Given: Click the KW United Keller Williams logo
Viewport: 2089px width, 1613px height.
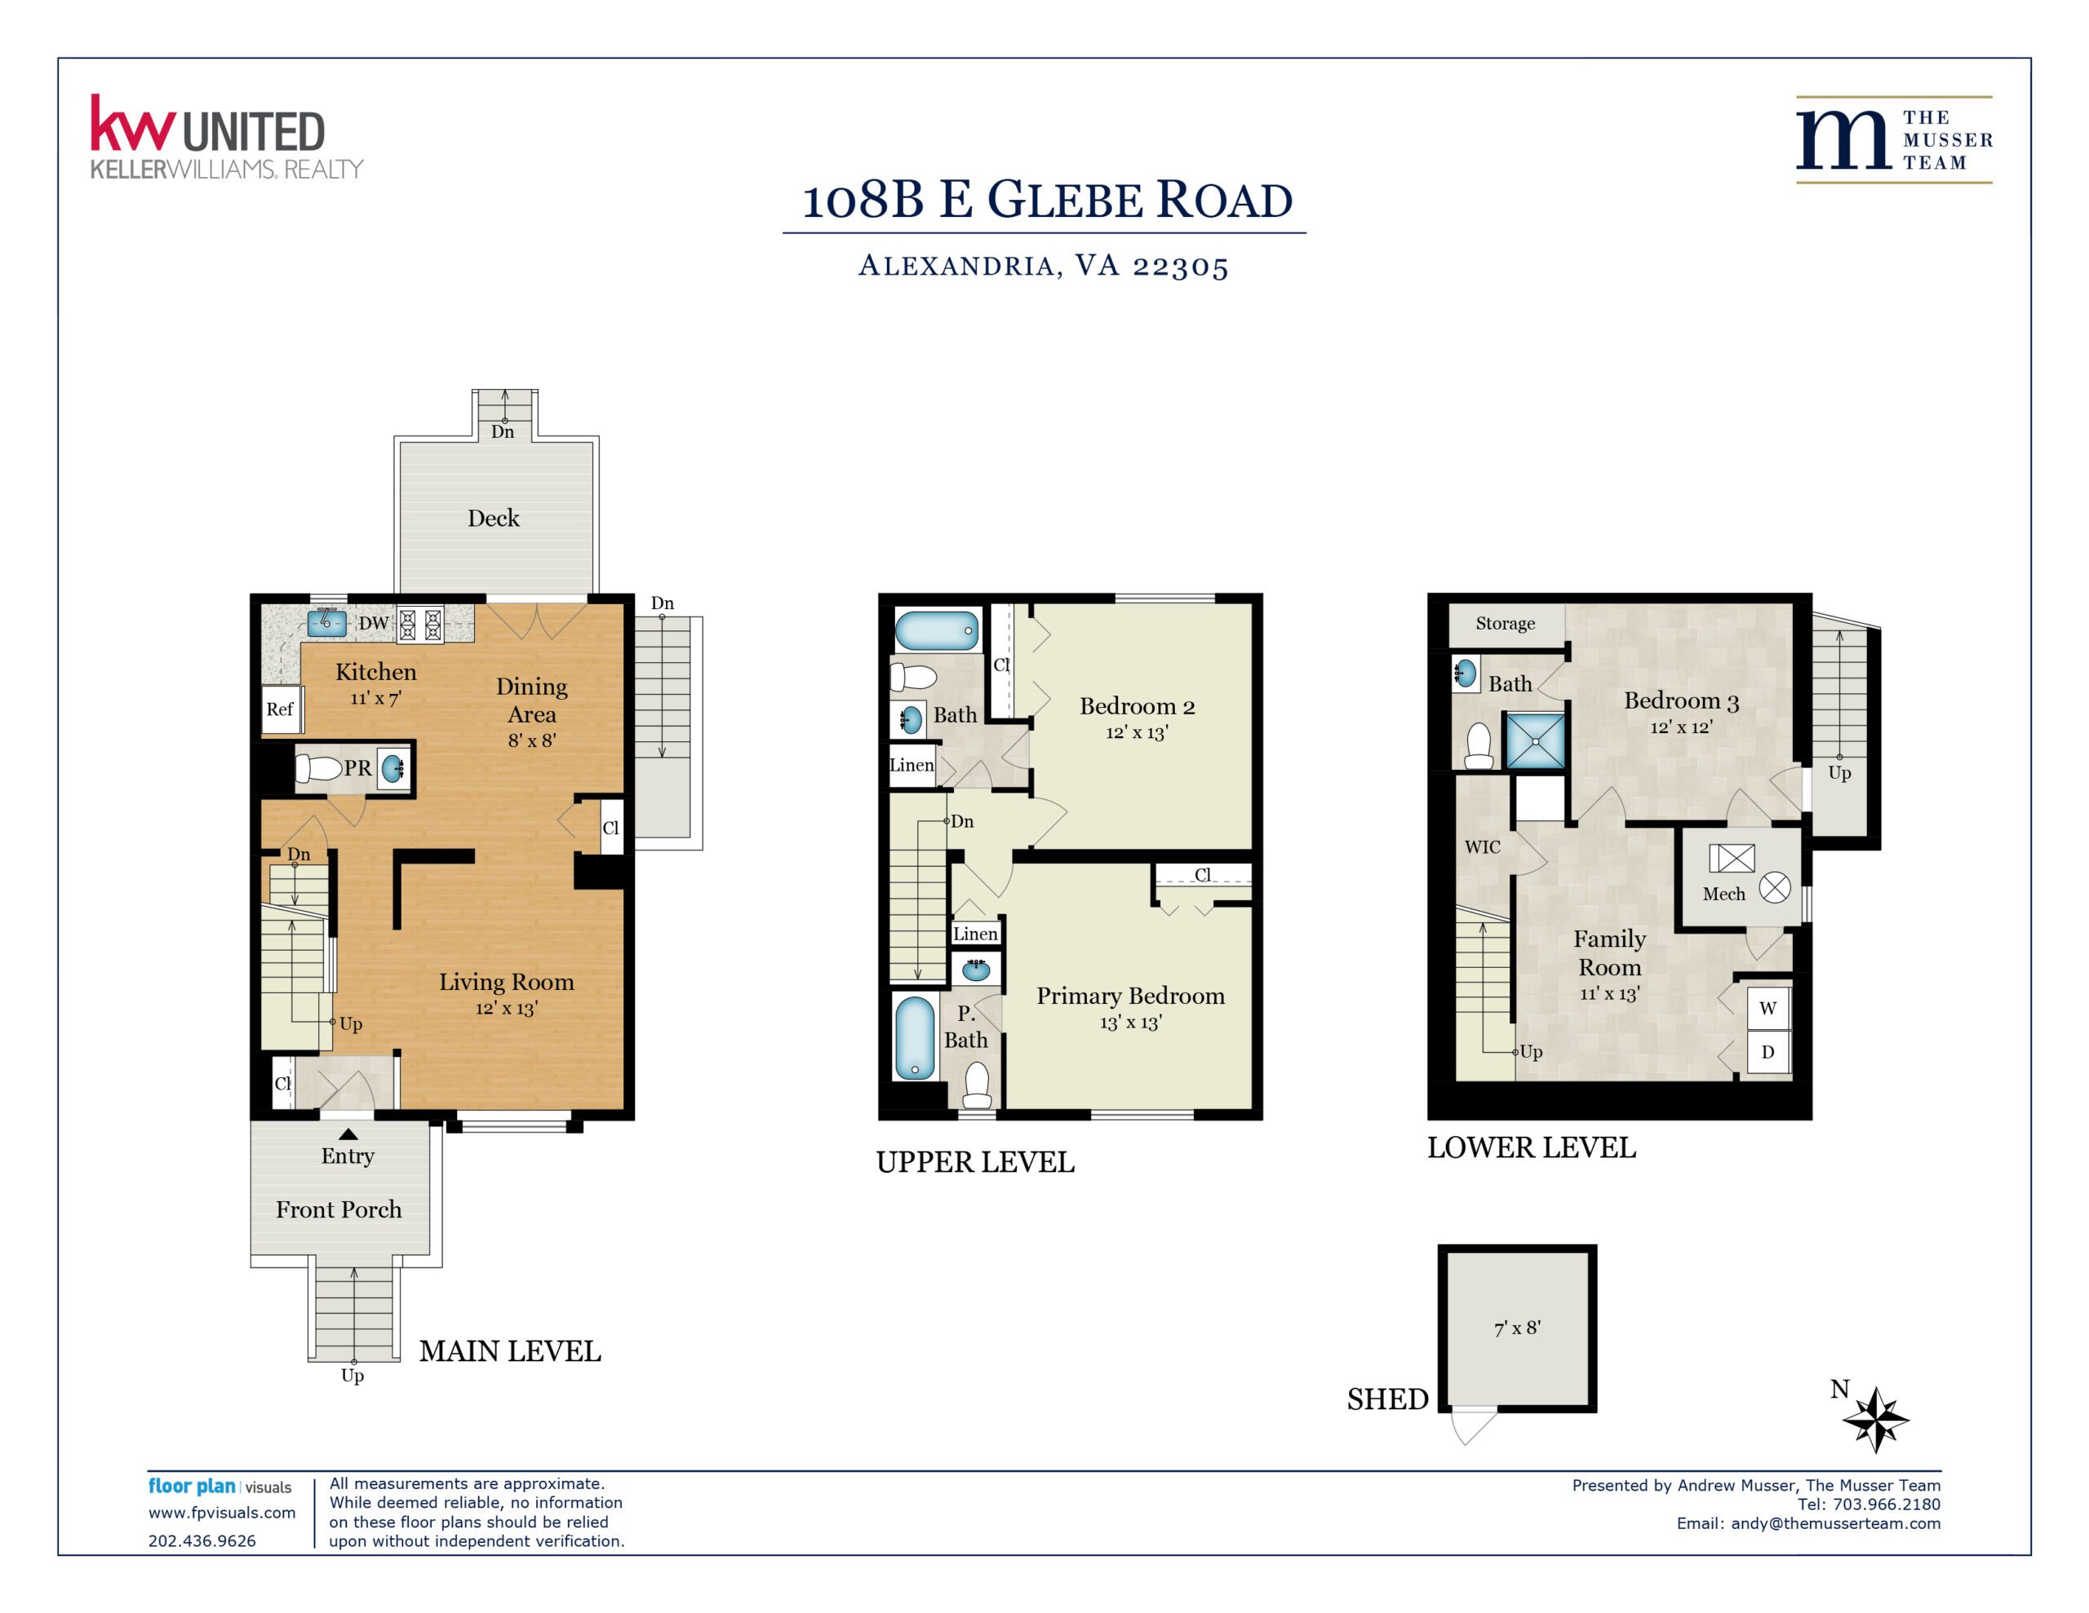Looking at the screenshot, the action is coord(227,137).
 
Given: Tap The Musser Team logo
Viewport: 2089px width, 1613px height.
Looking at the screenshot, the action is coord(1894,139).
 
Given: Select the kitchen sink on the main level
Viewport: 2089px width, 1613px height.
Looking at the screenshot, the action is coord(326,623).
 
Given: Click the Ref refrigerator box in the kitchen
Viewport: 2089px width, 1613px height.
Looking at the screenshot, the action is coord(282,709).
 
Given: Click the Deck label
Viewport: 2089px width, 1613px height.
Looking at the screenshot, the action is coord(494,518).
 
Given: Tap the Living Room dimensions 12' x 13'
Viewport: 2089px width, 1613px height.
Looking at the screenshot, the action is coord(507,1009).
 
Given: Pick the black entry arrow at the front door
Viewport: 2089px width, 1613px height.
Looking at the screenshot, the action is coord(348,1134).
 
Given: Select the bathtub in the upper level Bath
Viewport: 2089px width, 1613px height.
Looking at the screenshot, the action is coord(938,631).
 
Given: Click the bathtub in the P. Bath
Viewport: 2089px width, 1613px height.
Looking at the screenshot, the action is coord(915,1038).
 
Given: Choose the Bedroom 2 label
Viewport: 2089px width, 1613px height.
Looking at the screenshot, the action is coord(1138,706).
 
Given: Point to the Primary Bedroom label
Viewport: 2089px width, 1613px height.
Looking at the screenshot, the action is coord(1130,997).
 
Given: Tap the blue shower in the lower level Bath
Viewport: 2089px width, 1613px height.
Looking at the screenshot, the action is coord(1535,741).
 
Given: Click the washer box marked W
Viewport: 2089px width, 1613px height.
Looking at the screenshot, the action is coord(1768,1008).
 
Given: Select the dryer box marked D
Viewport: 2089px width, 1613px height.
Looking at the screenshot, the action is coord(1768,1052).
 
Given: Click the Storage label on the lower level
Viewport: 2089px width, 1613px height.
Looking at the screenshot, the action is coord(1506,623).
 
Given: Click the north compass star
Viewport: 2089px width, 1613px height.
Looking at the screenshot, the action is coord(1876,1420).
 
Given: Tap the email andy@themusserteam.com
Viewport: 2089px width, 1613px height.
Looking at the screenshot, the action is coord(1835,1523).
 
